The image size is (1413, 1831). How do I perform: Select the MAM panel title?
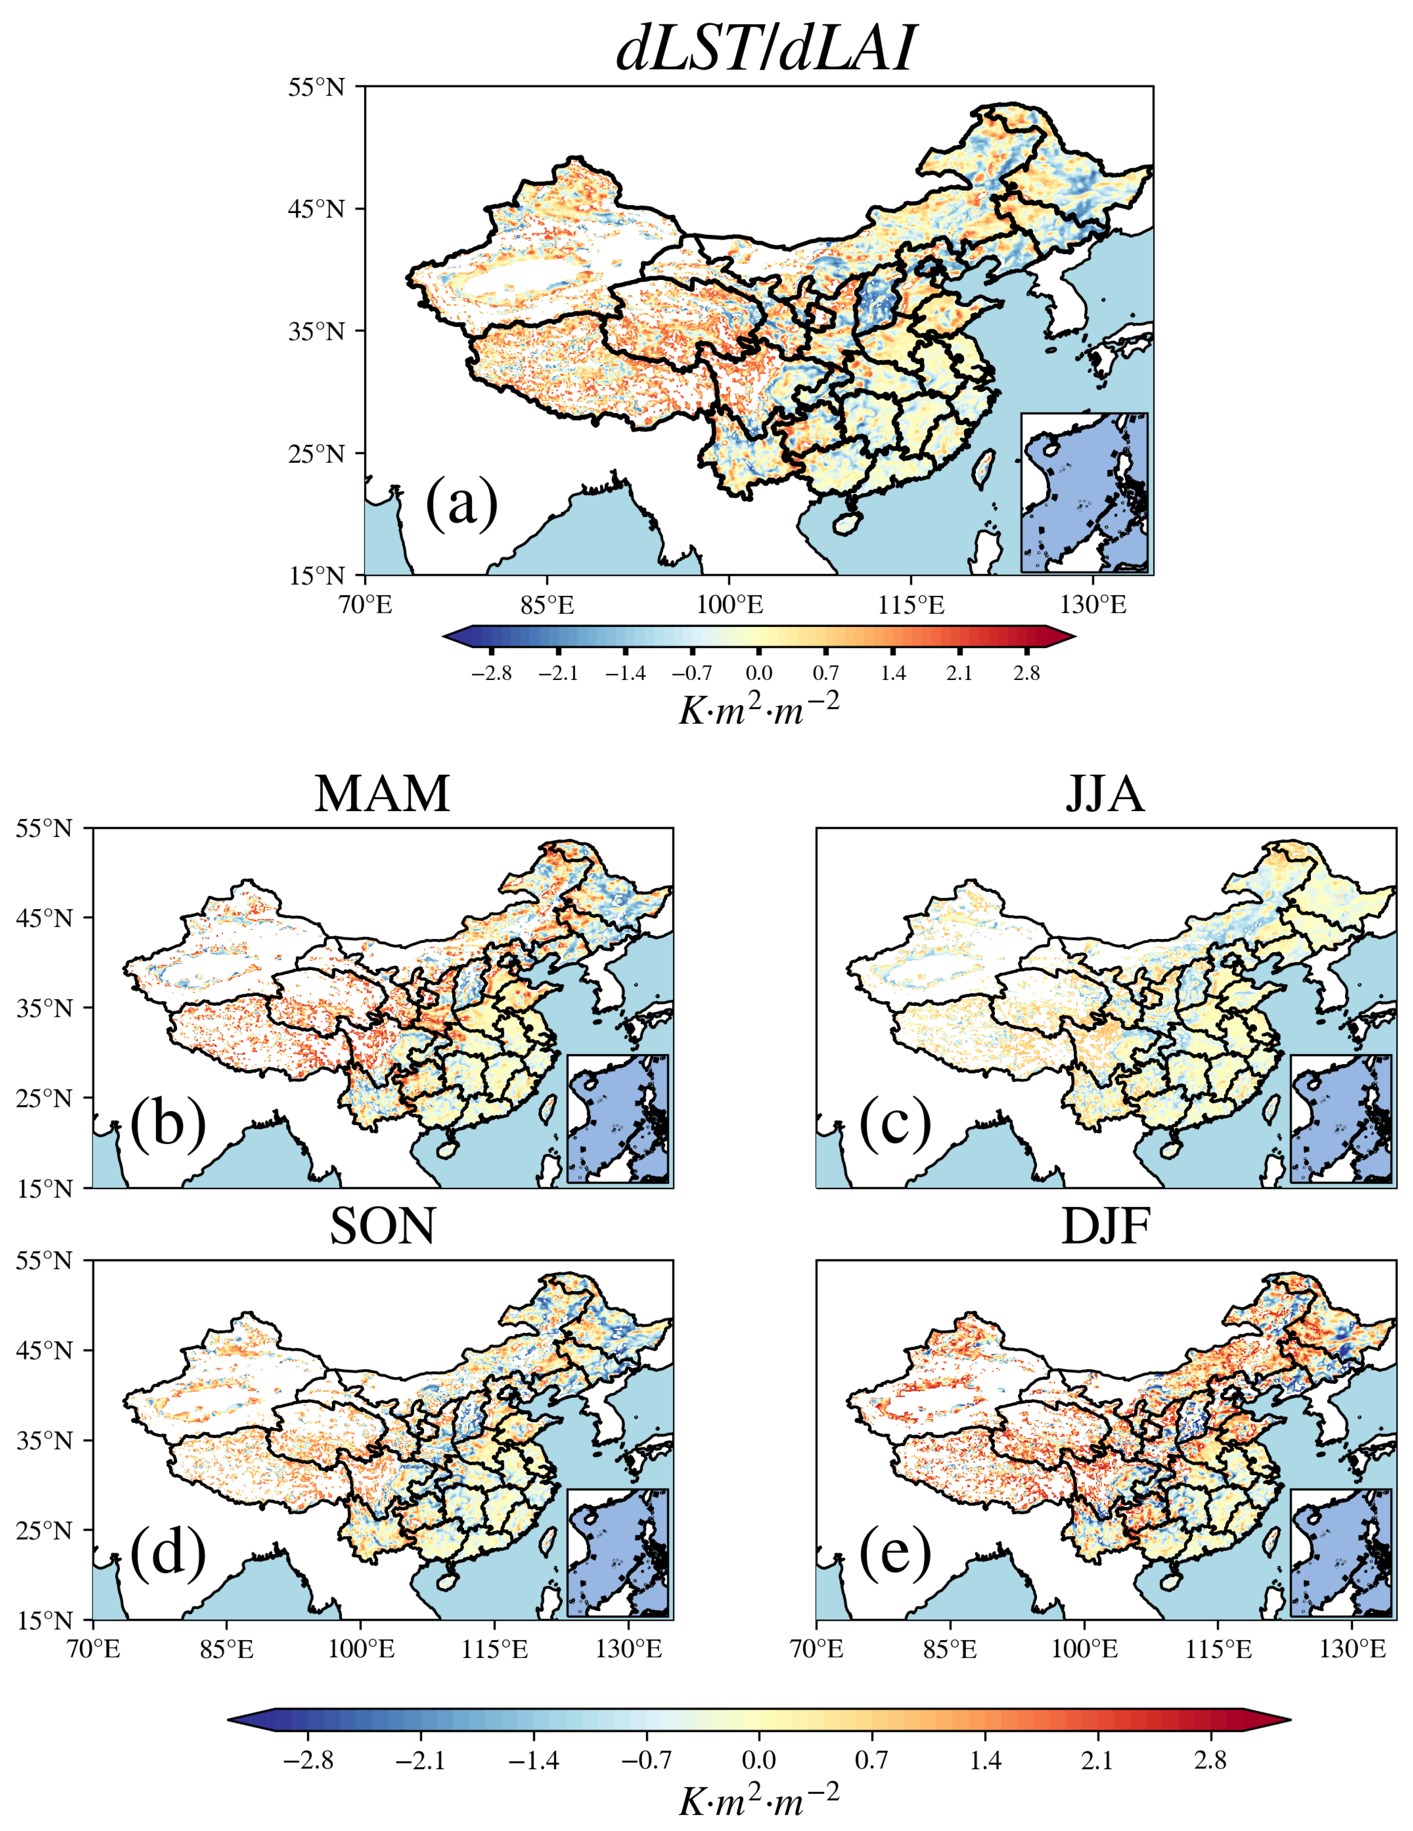[x=382, y=793]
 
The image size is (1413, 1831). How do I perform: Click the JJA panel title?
[x=1105, y=793]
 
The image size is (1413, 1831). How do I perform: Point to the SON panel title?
[x=382, y=1226]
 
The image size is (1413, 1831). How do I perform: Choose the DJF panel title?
[x=1105, y=1226]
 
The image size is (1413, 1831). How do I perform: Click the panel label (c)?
[x=895, y=1123]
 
